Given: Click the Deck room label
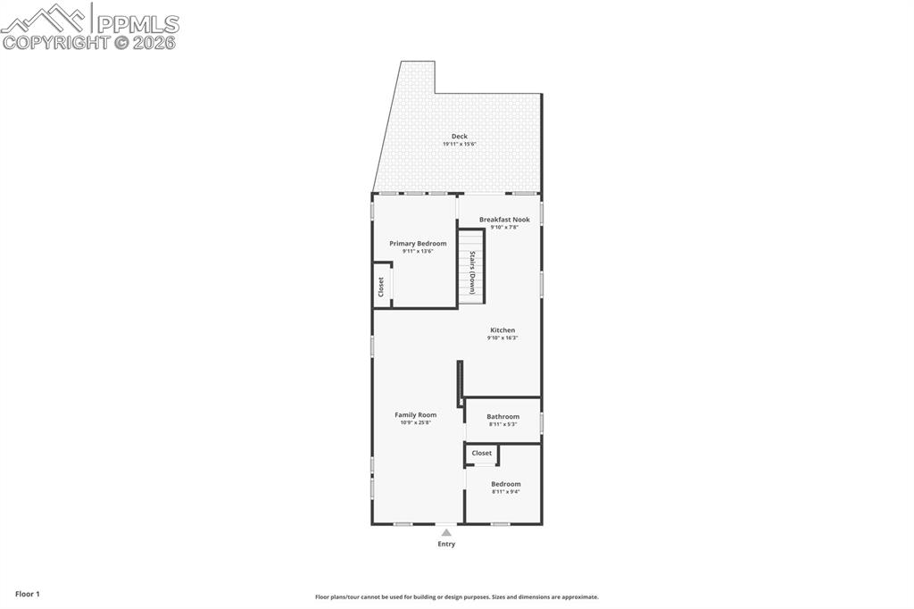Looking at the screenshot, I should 459,137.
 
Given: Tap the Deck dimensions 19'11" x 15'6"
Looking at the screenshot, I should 459,144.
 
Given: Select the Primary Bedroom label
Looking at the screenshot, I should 418,244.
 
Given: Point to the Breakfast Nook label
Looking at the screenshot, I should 504,220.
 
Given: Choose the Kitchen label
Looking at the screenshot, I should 503,330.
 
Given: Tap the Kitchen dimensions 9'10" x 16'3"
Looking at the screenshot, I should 503,338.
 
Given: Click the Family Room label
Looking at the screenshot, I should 416,415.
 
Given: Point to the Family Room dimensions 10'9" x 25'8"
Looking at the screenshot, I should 416,422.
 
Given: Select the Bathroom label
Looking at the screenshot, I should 503,417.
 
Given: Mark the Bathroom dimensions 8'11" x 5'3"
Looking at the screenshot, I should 503,424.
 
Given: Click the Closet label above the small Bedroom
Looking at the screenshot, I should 482,454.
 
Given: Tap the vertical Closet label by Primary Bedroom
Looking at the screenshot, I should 381,287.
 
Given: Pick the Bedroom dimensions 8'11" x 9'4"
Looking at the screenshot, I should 505,491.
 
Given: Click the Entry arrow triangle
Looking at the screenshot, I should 446,532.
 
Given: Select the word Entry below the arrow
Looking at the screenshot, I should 446,544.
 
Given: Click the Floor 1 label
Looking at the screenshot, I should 28,594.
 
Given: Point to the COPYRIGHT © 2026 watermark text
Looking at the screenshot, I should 89,42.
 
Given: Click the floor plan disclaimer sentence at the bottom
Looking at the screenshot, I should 456,597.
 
